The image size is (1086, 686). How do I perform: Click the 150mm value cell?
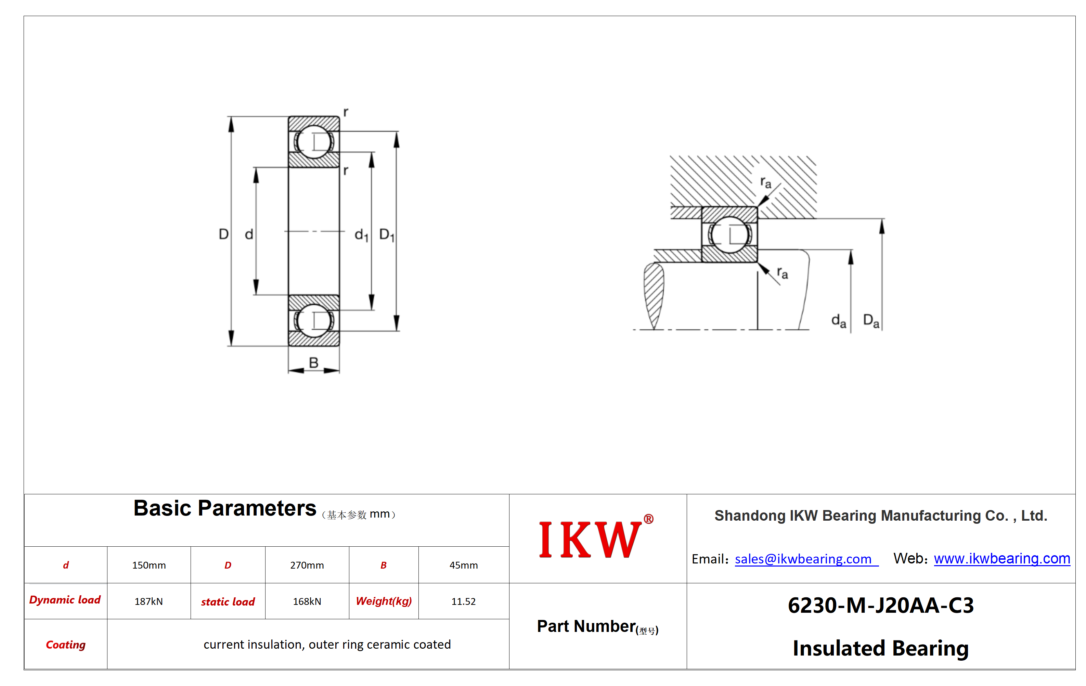(149, 565)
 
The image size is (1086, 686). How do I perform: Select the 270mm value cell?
(307, 565)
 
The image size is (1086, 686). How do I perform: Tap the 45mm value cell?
(464, 565)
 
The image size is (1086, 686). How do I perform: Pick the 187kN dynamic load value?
(149, 601)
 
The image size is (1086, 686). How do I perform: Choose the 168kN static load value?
(307, 601)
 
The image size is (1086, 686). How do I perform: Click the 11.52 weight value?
(464, 601)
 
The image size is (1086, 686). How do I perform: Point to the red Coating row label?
(66, 645)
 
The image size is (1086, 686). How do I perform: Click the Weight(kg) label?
(384, 601)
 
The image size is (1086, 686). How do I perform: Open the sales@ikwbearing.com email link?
(803, 559)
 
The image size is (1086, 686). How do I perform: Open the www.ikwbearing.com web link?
(1002, 559)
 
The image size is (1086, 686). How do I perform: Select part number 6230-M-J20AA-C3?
(881, 605)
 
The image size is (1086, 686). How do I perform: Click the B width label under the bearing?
(313, 363)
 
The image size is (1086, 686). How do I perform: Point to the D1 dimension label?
(387, 235)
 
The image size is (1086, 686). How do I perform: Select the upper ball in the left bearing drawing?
(314, 142)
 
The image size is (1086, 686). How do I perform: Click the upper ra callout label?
(766, 182)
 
